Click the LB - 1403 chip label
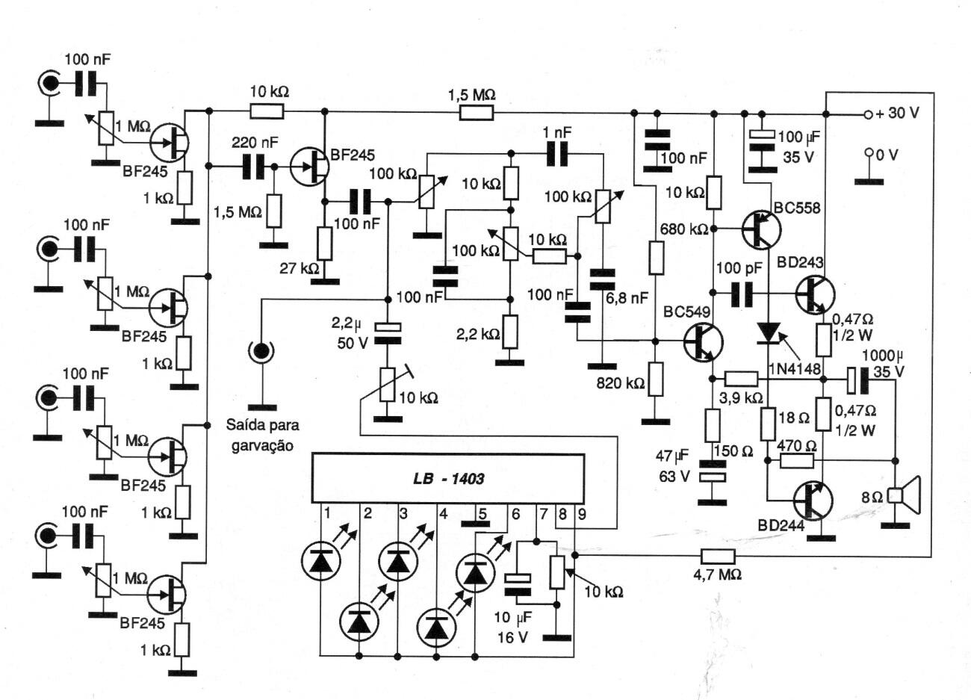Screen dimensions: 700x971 coord(448,479)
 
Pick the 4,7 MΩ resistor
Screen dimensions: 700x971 coord(718,555)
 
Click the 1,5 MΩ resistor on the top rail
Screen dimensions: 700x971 coord(476,113)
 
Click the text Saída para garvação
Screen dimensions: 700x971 coord(262,435)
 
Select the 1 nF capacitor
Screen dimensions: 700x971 coord(557,153)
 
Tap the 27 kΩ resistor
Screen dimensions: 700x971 coord(324,243)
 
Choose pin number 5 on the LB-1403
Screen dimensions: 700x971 coord(482,513)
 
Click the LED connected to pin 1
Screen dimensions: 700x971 coord(321,560)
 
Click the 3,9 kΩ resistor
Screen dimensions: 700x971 coord(741,379)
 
